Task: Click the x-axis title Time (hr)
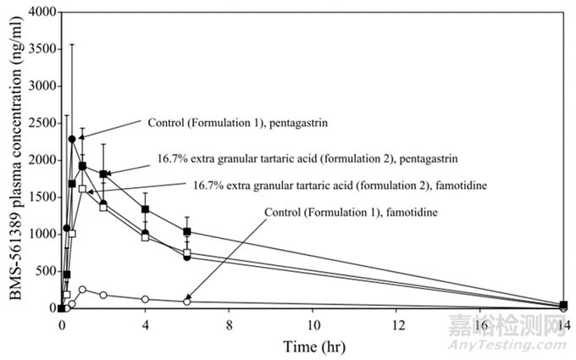(x=312, y=346)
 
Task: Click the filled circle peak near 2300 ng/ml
(x=72, y=139)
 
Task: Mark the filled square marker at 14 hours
(x=564, y=305)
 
